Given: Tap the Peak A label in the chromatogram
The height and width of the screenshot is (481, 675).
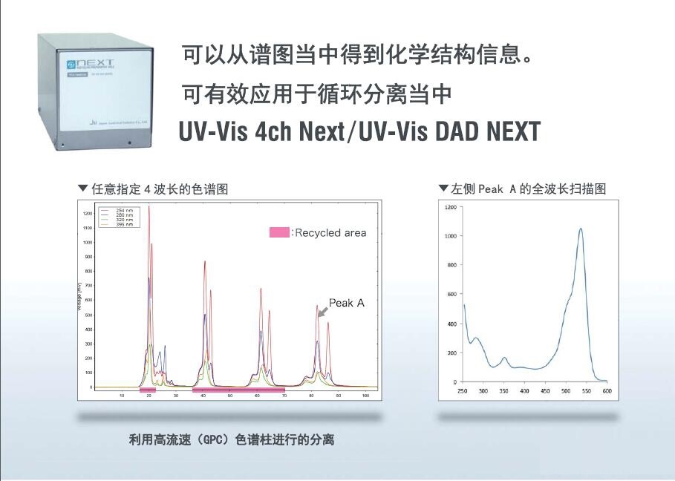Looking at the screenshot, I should click(x=346, y=303).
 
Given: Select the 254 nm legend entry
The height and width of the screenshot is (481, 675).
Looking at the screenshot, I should click(x=119, y=211).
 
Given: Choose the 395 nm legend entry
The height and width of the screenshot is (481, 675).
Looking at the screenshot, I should click(x=119, y=224).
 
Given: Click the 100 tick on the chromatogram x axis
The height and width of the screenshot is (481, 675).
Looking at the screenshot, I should click(x=365, y=396).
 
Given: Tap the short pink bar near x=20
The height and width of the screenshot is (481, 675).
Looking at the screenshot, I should click(x=148, y=389).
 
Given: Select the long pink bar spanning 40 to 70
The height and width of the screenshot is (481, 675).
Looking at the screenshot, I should click(x=238, y=389).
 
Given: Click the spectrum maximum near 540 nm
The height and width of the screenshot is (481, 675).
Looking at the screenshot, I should click(x=580, y=229).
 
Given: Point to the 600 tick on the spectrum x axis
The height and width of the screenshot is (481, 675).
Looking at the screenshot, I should click(x=607, y=390).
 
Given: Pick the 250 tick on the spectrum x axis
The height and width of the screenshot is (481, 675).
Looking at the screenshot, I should click(x=462, y=390).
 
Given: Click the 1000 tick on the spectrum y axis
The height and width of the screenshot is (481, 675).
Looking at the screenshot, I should click(x=450, y=236).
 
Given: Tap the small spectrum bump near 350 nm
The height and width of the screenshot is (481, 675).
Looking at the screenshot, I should click(x=503, y=359).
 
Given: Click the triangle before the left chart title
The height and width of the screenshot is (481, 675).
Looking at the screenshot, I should click(x=82, y=189).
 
